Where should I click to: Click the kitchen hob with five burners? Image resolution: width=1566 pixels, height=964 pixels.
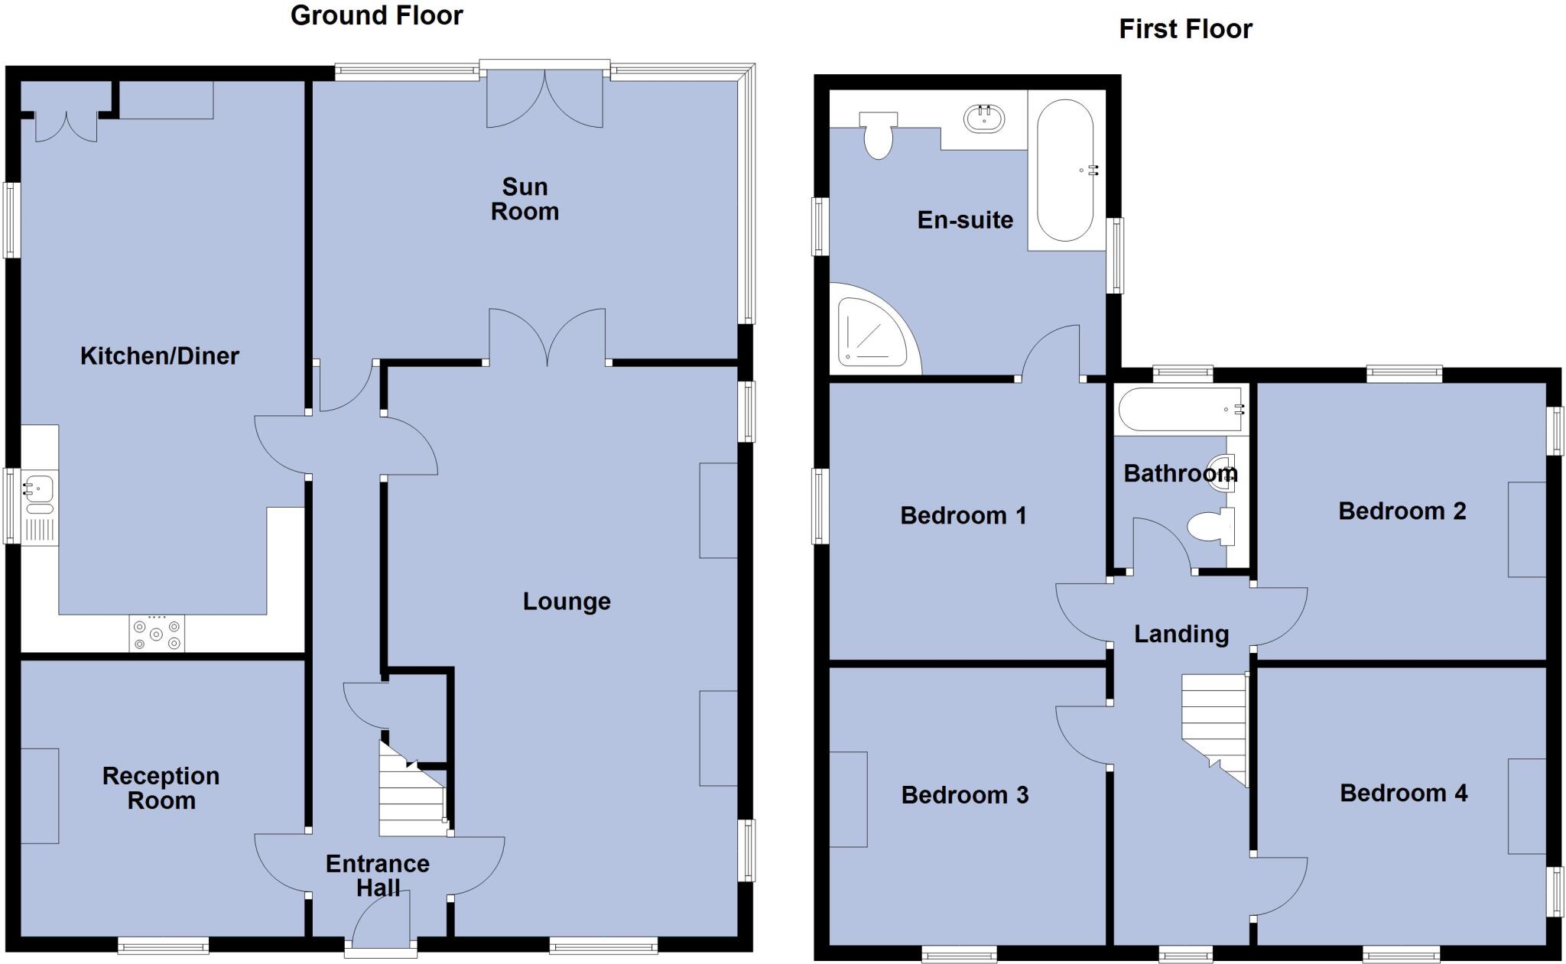click(157, 634)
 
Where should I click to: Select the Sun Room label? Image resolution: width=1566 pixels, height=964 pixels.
click(525, 199)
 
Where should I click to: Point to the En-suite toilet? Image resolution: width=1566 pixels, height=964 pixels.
click(879, 135)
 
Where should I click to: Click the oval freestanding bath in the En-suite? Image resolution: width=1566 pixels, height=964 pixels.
click(1065, 170)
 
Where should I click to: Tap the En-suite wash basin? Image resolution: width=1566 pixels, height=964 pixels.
click(985, 118)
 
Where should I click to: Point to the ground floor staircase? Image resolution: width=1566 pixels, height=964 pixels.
click(412, 795)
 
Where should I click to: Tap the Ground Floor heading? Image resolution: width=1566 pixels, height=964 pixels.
click(376, 15)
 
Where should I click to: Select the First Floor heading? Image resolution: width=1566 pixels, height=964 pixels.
click(1185, 29)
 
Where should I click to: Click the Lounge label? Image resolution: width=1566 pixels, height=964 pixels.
click(567, 602)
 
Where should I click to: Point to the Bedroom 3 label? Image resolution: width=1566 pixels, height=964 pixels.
click(964, 795)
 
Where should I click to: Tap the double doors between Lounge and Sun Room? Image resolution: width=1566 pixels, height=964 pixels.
click(547, 336)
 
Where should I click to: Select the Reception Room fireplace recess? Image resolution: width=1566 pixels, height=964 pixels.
click(40, 796)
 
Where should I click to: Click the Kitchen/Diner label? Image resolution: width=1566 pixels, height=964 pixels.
click(160, 355)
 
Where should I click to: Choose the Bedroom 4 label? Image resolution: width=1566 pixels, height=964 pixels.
click(1403, 793)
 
